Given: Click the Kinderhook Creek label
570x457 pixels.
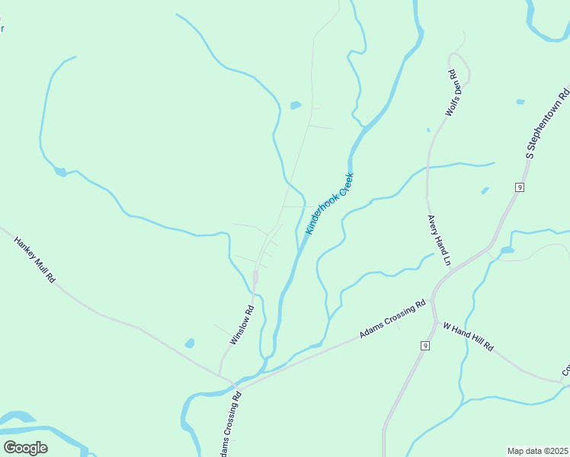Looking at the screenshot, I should [329, 203].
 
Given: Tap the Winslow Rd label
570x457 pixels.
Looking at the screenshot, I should [241, 326].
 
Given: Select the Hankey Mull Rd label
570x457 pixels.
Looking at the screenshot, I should [35, 259].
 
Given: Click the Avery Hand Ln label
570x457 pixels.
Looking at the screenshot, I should [439, 240].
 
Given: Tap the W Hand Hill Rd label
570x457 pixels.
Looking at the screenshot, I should [469, 336].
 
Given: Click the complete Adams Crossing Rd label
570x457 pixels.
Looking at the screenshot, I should [392, 320].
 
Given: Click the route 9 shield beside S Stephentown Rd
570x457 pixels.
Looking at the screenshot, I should [519, 187].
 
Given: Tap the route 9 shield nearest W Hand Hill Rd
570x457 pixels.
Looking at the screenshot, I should [423, 346].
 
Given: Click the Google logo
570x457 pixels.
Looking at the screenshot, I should [25, 448].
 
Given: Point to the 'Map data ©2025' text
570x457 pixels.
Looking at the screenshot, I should [538, 451].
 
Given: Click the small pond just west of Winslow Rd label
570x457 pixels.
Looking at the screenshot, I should [190, 344].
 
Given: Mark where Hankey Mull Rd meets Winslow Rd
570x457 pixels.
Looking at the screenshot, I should [220, 374].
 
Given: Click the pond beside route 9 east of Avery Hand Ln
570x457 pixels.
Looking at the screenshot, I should [506, 250].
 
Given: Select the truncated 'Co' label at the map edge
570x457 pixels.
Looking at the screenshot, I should [565, 372].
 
